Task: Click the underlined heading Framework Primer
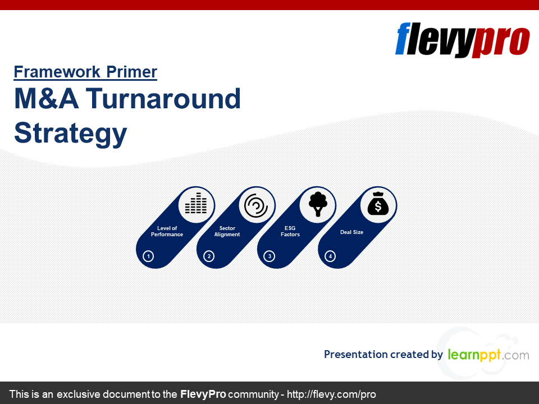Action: pos(85,72)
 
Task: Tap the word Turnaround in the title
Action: pos(163,99)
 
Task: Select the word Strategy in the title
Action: pos(71,134)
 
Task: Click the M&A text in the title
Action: pos(47,99)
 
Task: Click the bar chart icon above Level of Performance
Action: pos(197,203)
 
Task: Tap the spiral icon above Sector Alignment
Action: pos(256,205)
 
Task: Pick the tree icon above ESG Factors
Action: pos(318,204)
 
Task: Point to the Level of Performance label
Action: pos(167,231)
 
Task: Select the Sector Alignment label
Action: pos(227,231)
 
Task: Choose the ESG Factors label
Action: pos(290,231)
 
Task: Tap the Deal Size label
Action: pos(351,232)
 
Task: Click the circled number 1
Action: pos(148,256)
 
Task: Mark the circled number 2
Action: pos(209,256)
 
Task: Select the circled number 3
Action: pos(269,256)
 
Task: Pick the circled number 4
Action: pos(330,256)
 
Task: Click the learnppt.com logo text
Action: pos(488,355)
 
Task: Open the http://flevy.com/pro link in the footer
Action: pos(331,394)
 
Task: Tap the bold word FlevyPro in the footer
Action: pos(203,394)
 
